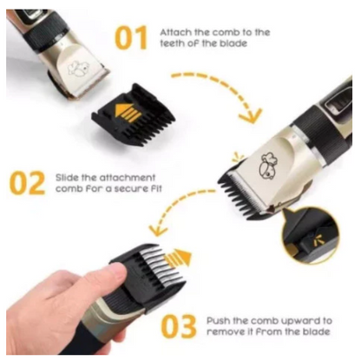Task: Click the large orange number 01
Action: (131, 37)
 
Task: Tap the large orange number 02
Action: (27, 183)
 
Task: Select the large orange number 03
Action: (179, 326)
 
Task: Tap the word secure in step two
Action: (128, 189)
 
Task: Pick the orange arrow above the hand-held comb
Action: (179, 258)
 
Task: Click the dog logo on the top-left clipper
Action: (77, 69)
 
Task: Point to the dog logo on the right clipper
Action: (267, 166)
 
